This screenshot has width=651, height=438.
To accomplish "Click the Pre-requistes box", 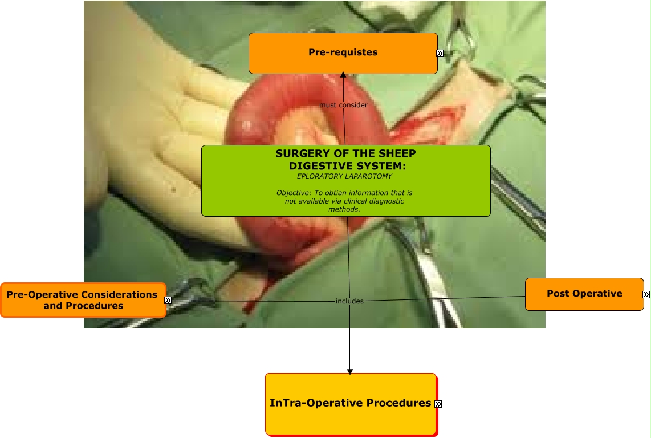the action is pos(343,53).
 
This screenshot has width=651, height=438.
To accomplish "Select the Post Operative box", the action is pos(584,294).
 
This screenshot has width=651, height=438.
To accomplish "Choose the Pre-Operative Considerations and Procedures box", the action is pos(83,300).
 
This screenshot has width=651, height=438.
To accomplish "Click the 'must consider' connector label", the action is pos(343,105).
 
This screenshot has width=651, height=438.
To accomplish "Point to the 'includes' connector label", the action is pos(349,301).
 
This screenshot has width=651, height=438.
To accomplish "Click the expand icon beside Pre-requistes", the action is pos(440,53).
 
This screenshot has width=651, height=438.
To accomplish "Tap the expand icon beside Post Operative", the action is pos(646,295).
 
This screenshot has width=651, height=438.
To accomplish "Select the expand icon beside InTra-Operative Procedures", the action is pos(438,404).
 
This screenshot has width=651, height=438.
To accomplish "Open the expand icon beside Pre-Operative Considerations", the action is pos(168,300).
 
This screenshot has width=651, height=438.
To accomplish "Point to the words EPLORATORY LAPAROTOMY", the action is pos(344,176).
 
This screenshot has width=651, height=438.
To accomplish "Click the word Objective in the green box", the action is pos(293,193).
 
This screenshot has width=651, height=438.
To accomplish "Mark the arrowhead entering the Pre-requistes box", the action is pos(343,75).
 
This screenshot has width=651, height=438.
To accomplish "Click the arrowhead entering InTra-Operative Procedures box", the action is pos(350,372).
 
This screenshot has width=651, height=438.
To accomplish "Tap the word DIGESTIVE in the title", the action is pos(319,166).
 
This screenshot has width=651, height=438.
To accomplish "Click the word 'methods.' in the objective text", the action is pos(344,209).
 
